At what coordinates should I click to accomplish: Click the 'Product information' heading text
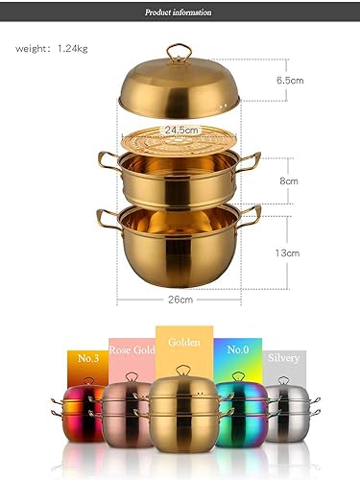coord(180,12)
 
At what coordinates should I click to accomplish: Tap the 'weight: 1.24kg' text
coord(47,48)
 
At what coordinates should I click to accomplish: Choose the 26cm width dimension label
coord(180,299)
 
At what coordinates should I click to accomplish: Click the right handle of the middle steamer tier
coord(250,159)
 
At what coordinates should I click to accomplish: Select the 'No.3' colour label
coord(88,358)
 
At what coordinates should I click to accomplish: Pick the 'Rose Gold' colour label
coord(132,349)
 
